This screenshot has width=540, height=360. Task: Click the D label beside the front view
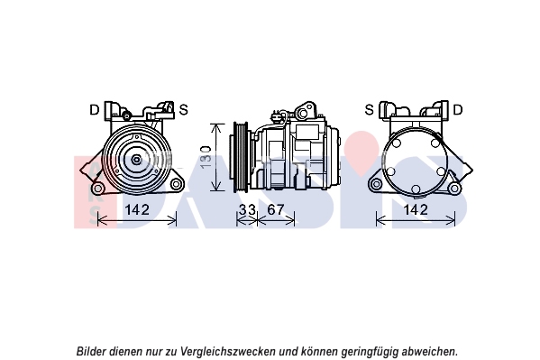pos(94,110)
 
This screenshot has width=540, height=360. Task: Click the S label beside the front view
pos(184,110)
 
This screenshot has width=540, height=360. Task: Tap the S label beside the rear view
pos(369,110)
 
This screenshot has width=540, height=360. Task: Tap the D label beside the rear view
pos(458,110)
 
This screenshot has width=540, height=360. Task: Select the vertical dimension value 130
pos(206,157)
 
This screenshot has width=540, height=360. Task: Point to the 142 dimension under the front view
pos(137,209)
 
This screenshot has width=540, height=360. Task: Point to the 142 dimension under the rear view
pos(416,209)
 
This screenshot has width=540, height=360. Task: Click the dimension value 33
pos(247,209)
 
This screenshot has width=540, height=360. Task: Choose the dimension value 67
pos(276,209)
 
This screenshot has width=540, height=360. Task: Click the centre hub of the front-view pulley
pos(137,160)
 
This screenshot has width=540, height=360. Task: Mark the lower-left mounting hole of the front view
pos(97,189)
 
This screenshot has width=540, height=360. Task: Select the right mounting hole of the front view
pos(176,184)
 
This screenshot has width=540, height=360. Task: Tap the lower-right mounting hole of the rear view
pos(455,189)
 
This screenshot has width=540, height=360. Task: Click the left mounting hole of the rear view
pos(377,184)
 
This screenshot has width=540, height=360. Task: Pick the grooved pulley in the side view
pos(241,157)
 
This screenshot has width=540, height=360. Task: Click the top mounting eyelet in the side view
pos(303,113)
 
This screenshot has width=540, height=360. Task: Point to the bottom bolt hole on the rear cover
pos(416,189)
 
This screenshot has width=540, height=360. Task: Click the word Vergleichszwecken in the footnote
pos(228,352)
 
